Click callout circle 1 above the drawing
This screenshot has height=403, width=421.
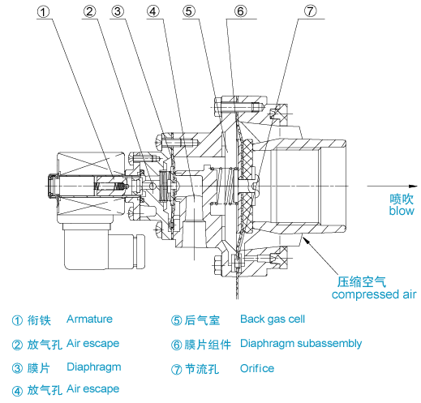click(x=45, y=12)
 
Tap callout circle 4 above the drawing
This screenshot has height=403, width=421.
click(x=153, y=12)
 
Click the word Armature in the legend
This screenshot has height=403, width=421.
click(x=89, y=319)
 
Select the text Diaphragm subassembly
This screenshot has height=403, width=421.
click(x=301, y=344)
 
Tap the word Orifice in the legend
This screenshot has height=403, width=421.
click(x=257, y=368)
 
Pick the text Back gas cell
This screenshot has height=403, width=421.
click(x=273, y=319)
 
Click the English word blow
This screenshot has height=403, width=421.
click(x=401, y=211)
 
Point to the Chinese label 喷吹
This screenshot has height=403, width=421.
click(x=401, y=198)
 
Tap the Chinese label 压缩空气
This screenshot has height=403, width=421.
click(x=363, y=282)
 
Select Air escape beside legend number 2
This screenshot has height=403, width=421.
click(x=92, y=344)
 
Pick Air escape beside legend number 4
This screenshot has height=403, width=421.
click(x=92, y=389)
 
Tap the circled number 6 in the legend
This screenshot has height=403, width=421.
click(x=176, y=345)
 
